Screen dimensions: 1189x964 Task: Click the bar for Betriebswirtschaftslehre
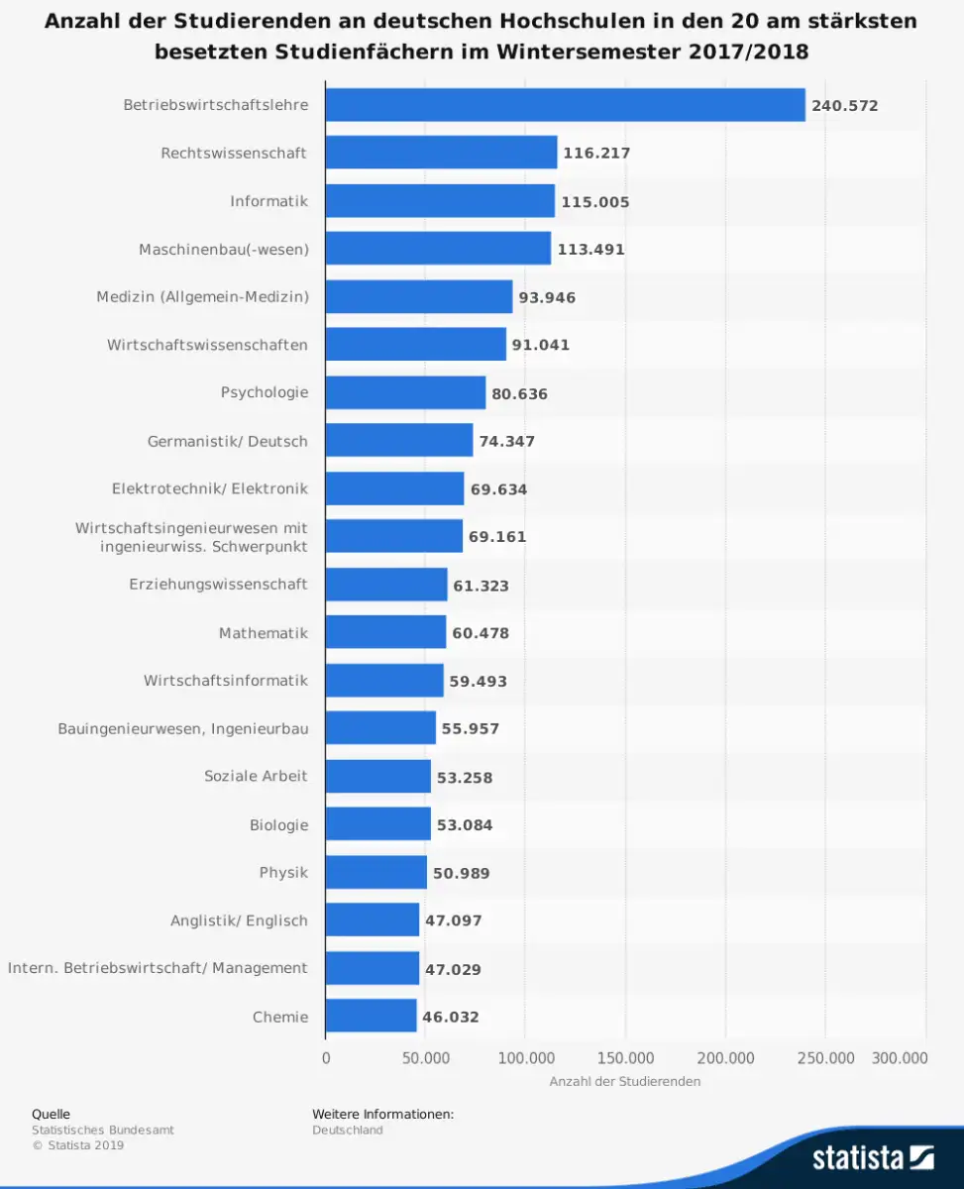click(565, 105)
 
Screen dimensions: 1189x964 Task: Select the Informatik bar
click(440, 201)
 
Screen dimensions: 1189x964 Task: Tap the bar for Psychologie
click(405, 392)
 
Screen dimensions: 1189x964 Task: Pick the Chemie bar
click(371, 1016)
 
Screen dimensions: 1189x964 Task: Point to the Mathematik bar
click(385, 632)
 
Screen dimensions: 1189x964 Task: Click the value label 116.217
click(596, 154)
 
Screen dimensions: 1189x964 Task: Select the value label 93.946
click(547, 297)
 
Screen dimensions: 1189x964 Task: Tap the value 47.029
click(453, 969)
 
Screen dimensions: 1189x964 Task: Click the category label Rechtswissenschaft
click(234, 153)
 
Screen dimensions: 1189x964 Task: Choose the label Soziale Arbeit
click(256, 776)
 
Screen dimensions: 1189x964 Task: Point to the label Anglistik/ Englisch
click(239, 920)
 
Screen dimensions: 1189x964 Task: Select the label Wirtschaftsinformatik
click(225, 681)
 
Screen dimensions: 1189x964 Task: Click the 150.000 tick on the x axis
click(625, 1058)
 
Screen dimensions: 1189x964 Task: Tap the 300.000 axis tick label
click(900, 1058)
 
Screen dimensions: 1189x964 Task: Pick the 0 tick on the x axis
click(326, 1058)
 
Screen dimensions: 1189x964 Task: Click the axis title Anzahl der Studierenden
click(625, 1081)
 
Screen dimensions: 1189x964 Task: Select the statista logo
click(873, 1156)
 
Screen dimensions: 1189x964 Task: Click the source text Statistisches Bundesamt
click(102, 1130)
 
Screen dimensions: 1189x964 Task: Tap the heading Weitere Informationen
click(382, 1114)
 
